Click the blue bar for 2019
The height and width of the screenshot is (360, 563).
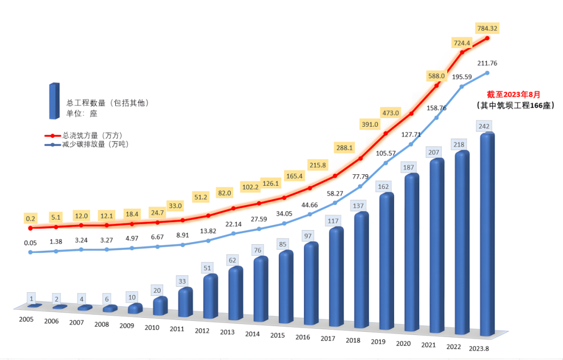coord(386,261)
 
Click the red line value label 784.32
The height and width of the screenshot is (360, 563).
coord(487,28)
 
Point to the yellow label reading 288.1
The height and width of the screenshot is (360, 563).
coord(345,147)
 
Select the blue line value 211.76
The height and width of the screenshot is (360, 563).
coord(487,63)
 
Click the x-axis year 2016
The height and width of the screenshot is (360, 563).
coord(302,337)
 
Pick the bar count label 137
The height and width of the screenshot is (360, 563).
coord(360,205)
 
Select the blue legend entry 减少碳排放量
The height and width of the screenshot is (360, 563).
coord(99,144)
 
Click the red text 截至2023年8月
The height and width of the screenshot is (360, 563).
coord(513,94)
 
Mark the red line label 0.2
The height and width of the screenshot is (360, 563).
coord(30,218)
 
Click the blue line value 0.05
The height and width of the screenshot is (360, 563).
coord(30,243)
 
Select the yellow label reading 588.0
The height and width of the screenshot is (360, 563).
coord(436,76)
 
